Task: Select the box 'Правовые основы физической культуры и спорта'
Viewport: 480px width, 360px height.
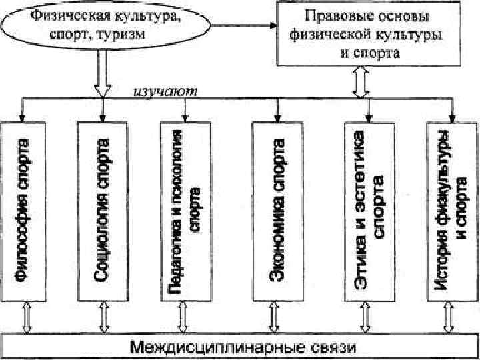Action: pos(361,33)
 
